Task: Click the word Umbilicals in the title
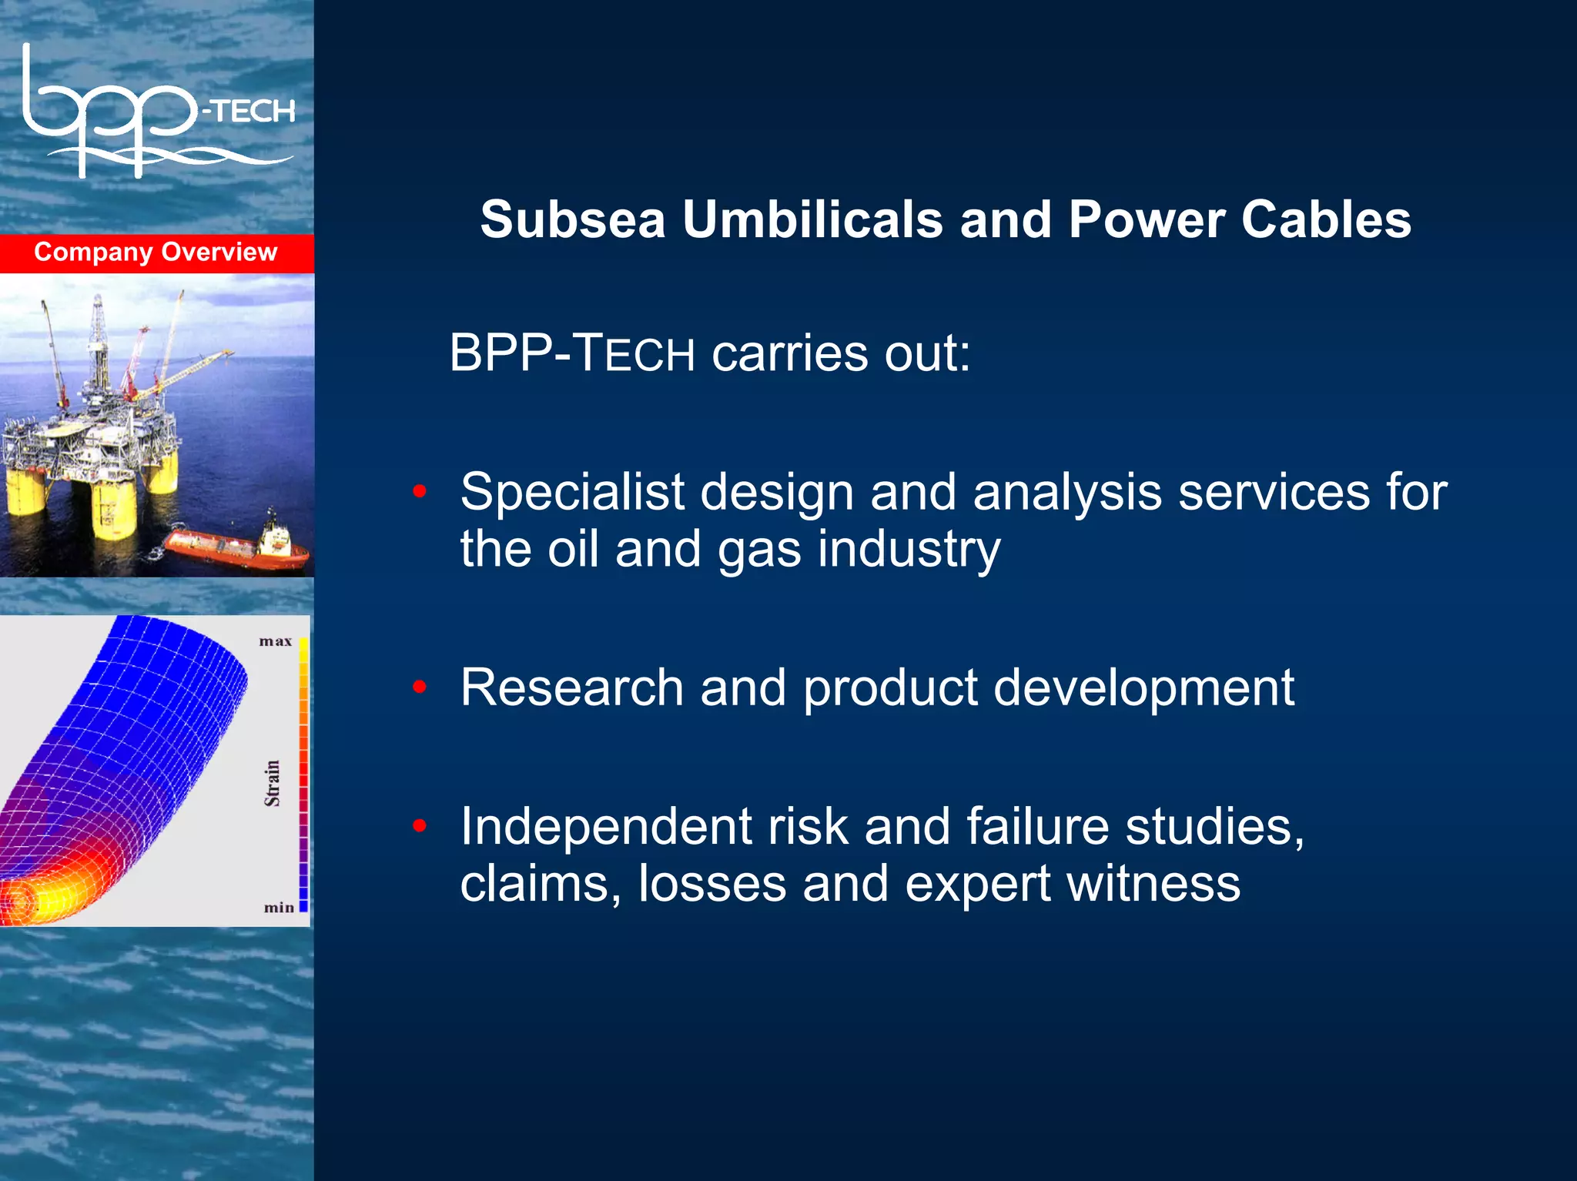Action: (812, 220)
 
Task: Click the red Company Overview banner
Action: (156, 253)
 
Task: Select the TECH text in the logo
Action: (251, 112)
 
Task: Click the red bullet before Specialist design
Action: (420, 491)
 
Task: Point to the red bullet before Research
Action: (420, 686)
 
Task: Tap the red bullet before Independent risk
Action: (420, 826)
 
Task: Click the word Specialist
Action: (572, 493)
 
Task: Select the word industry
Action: (909, 550)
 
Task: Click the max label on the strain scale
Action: (275, 641)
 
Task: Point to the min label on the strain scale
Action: (279, 908)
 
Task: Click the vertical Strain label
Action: (273, 784)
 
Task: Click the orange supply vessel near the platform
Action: (239, 547)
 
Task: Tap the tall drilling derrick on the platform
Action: (97, 339)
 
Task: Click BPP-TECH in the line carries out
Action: (571, 354)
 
